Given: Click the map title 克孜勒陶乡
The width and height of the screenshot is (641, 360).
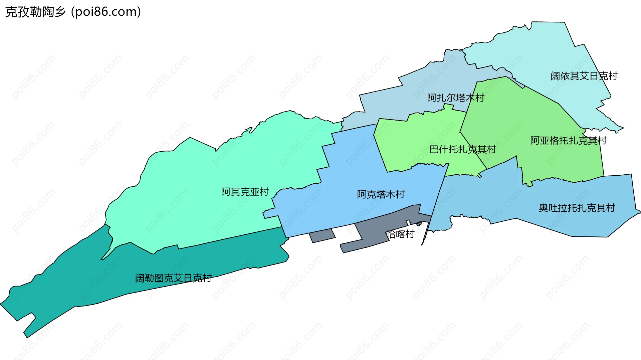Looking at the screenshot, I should pos(35,12).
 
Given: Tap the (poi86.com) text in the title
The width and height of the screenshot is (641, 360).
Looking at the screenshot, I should pos(106,12).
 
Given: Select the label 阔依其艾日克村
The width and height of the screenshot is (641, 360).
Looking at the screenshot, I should pos(584,76).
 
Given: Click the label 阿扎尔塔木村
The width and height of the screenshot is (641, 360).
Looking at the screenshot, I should pos(455,98).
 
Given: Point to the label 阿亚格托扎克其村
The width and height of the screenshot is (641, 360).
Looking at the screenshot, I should pos(568,141).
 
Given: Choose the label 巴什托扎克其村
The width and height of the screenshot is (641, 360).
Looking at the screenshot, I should pos(462,149).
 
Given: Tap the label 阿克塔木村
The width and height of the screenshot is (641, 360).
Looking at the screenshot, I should pos(381,194).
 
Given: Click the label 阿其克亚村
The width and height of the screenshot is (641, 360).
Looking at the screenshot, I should pos(245,192).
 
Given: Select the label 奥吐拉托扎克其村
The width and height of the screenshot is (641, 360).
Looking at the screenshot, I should pos(577,208).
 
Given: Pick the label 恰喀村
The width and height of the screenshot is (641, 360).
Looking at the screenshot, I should pos(401,234).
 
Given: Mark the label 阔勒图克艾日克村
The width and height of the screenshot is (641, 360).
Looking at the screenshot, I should pos(173,278).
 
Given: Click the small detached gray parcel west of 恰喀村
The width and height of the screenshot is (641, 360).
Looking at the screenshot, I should pos(322,236).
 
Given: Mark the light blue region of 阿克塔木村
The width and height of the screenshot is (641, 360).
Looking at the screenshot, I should pos(351,167).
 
